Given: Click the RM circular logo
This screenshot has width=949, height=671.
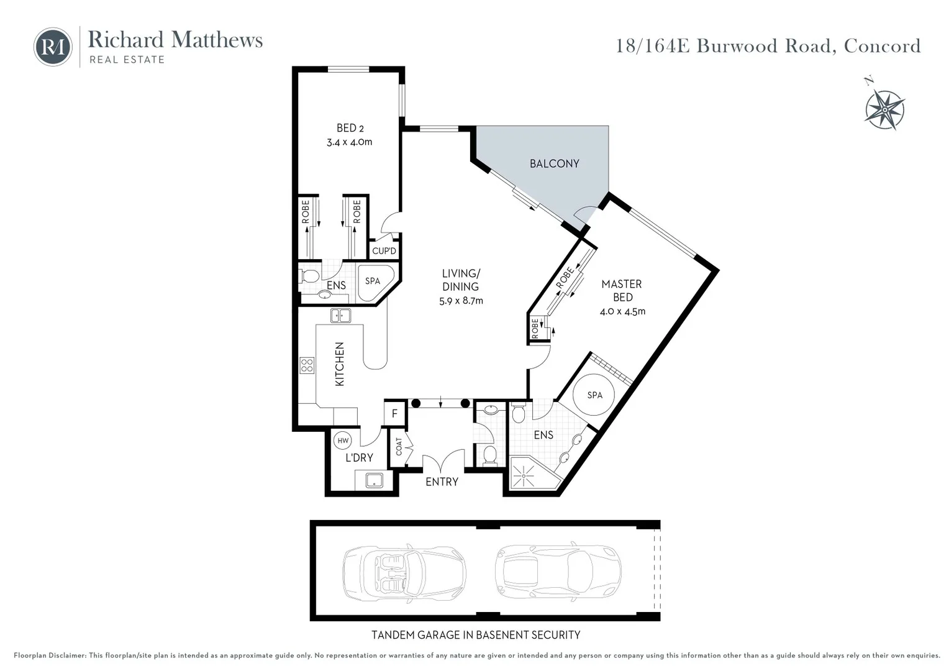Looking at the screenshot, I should tap(53, 47).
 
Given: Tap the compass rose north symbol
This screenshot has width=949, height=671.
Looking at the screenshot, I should tap(884, 109).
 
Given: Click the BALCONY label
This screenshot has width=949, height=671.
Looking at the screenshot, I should tap(554, 163).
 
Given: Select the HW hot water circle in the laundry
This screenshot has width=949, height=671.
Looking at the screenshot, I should tap(342, 440).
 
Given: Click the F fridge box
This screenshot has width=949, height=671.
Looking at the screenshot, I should tap(394, 413).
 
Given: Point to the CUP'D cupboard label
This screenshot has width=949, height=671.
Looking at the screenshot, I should tap(384, 251).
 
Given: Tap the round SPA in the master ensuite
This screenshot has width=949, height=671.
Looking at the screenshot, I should tap(594, 395).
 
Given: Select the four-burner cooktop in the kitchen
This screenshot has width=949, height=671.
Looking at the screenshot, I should tap(307, 365).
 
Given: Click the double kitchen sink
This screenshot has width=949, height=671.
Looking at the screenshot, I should tap(340, 316).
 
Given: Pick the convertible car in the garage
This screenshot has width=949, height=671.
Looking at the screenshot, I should tap(404, 572).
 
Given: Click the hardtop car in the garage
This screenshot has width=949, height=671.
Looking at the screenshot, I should tap(558, 572).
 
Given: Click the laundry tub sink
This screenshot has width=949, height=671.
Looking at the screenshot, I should tap(374, 480).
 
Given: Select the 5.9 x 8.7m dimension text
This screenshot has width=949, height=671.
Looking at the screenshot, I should tap(461, 301).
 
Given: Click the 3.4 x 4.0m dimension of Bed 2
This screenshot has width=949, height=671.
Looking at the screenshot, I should tap(350, 142).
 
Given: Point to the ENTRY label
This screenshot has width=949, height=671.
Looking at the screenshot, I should tap(442, 482).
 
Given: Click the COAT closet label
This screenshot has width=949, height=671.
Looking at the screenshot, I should tap(399, 446).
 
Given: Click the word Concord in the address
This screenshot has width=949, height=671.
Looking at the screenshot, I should tap(882, 46).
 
